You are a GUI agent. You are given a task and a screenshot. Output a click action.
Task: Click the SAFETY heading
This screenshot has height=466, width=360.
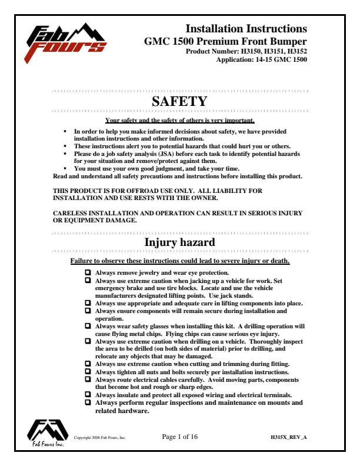[179, 102]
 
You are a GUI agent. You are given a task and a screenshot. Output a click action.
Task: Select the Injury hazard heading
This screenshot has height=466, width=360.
[179, 242]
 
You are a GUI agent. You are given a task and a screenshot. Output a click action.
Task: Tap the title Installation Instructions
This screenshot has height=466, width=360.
[246, 29]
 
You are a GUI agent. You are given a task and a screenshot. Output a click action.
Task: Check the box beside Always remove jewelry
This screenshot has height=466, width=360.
[88, 272]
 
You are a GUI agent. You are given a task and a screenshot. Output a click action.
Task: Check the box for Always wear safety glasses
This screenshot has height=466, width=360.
[88, 325]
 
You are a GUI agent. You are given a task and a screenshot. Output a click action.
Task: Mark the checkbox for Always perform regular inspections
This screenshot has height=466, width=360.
[88, 403]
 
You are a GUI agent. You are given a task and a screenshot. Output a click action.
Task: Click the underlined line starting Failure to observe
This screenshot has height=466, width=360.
[179, 260]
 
